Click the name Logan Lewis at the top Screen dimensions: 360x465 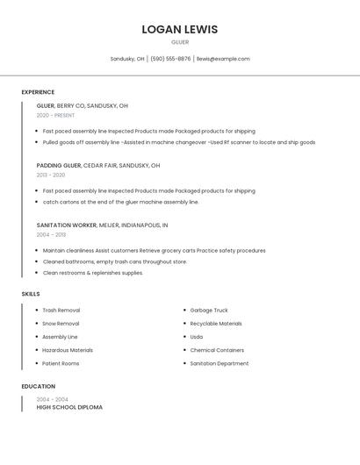179,30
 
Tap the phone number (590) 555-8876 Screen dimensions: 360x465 170,59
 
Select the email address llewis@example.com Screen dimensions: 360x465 223,59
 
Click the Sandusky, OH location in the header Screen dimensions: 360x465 127,59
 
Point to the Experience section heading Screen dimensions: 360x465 38,92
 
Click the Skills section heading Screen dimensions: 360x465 31,294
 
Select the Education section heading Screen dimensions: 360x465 38,386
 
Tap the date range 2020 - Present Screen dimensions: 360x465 55,115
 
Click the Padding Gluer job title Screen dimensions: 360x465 59,165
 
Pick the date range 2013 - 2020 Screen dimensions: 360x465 51,175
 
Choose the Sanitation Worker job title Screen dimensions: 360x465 67,225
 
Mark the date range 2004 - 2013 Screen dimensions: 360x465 51,234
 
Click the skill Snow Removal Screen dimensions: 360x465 61,324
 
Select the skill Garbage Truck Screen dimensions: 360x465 209,311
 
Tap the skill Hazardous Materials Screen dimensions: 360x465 68,350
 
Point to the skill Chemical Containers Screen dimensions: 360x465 217,350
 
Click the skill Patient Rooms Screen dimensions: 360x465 61,363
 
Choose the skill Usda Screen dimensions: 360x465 197,337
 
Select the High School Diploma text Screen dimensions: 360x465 69,407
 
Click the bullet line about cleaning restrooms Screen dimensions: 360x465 92,273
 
